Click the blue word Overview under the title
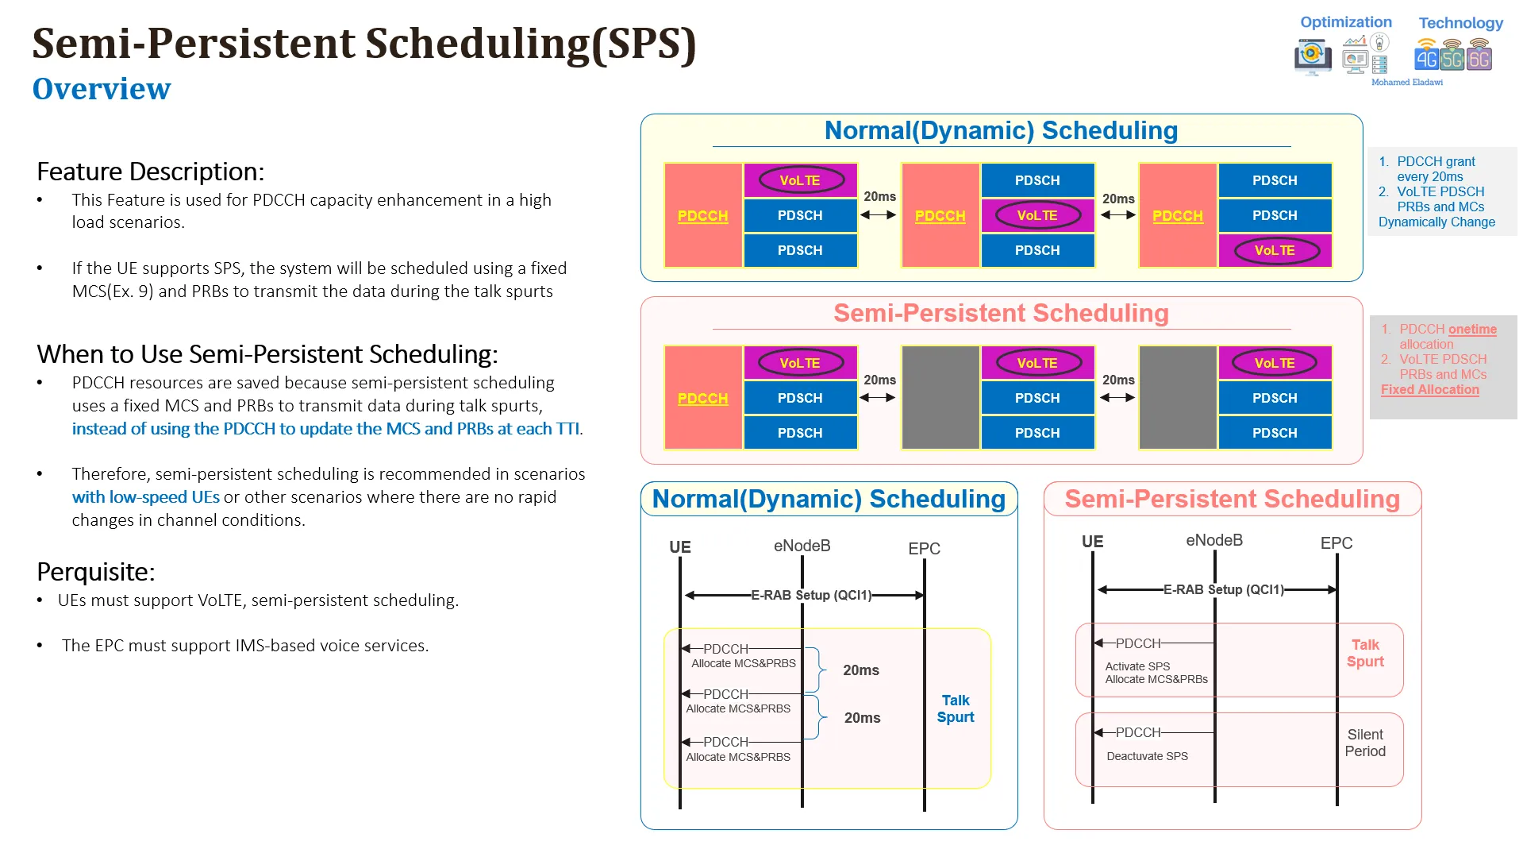tap(102, 88)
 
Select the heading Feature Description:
tap(151, 172)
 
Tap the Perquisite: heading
tap(96, 572)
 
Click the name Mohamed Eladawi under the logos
tap(1407, 82)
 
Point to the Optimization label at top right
tap(1346, 22)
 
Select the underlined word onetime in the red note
tap(1472, 329)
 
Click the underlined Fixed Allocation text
tap(1430, 389)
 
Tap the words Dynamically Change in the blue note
tap(1436, 222)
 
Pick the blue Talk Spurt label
tap(956, 708)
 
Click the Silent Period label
tap(1365, 743)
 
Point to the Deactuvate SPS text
tap(1148, 756)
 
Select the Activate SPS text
tap(1137, 666)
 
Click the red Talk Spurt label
tap(1365, 653)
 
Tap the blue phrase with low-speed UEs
tap(146, 497)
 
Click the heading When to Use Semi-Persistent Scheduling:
tap(267, 354)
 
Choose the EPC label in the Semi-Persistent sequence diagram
tap(1336, 543)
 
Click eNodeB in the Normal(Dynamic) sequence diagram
tap(802, 546)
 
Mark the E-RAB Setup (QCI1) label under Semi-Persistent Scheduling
tap(1224, 589)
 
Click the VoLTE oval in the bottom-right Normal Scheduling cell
tap(1275, 250)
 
